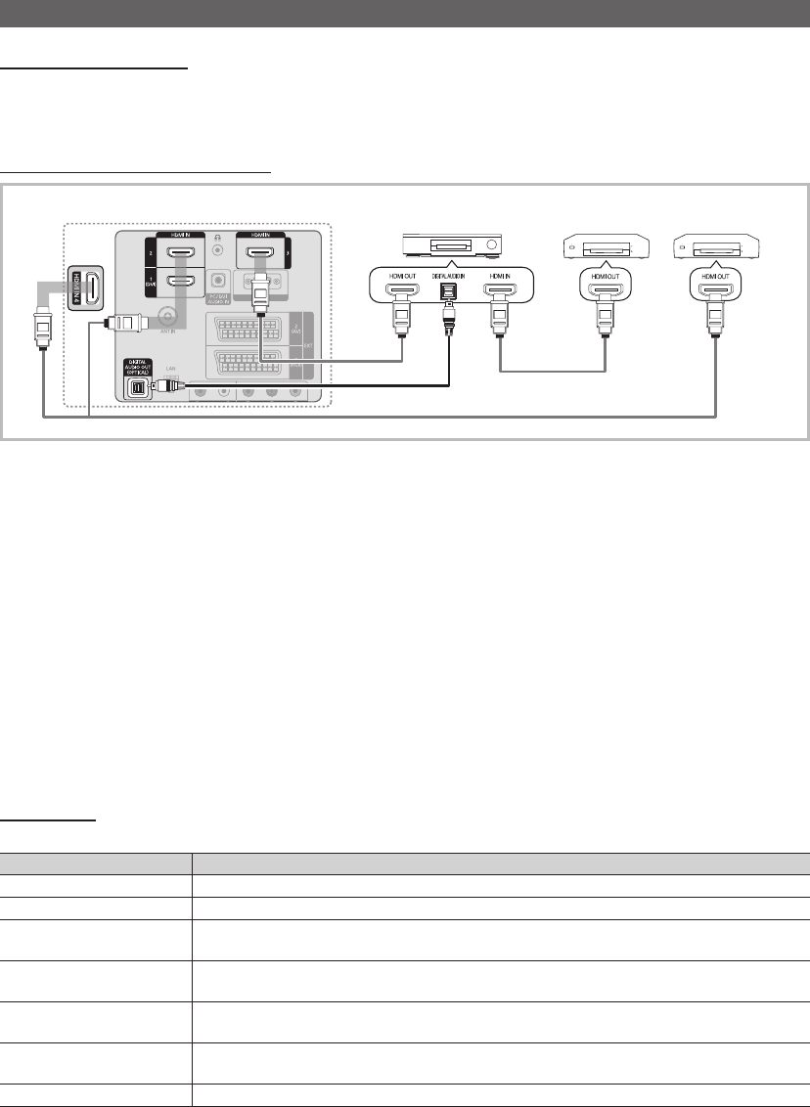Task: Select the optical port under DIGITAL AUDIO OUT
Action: pos(137,387)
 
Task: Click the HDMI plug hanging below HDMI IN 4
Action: pos(43,323)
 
